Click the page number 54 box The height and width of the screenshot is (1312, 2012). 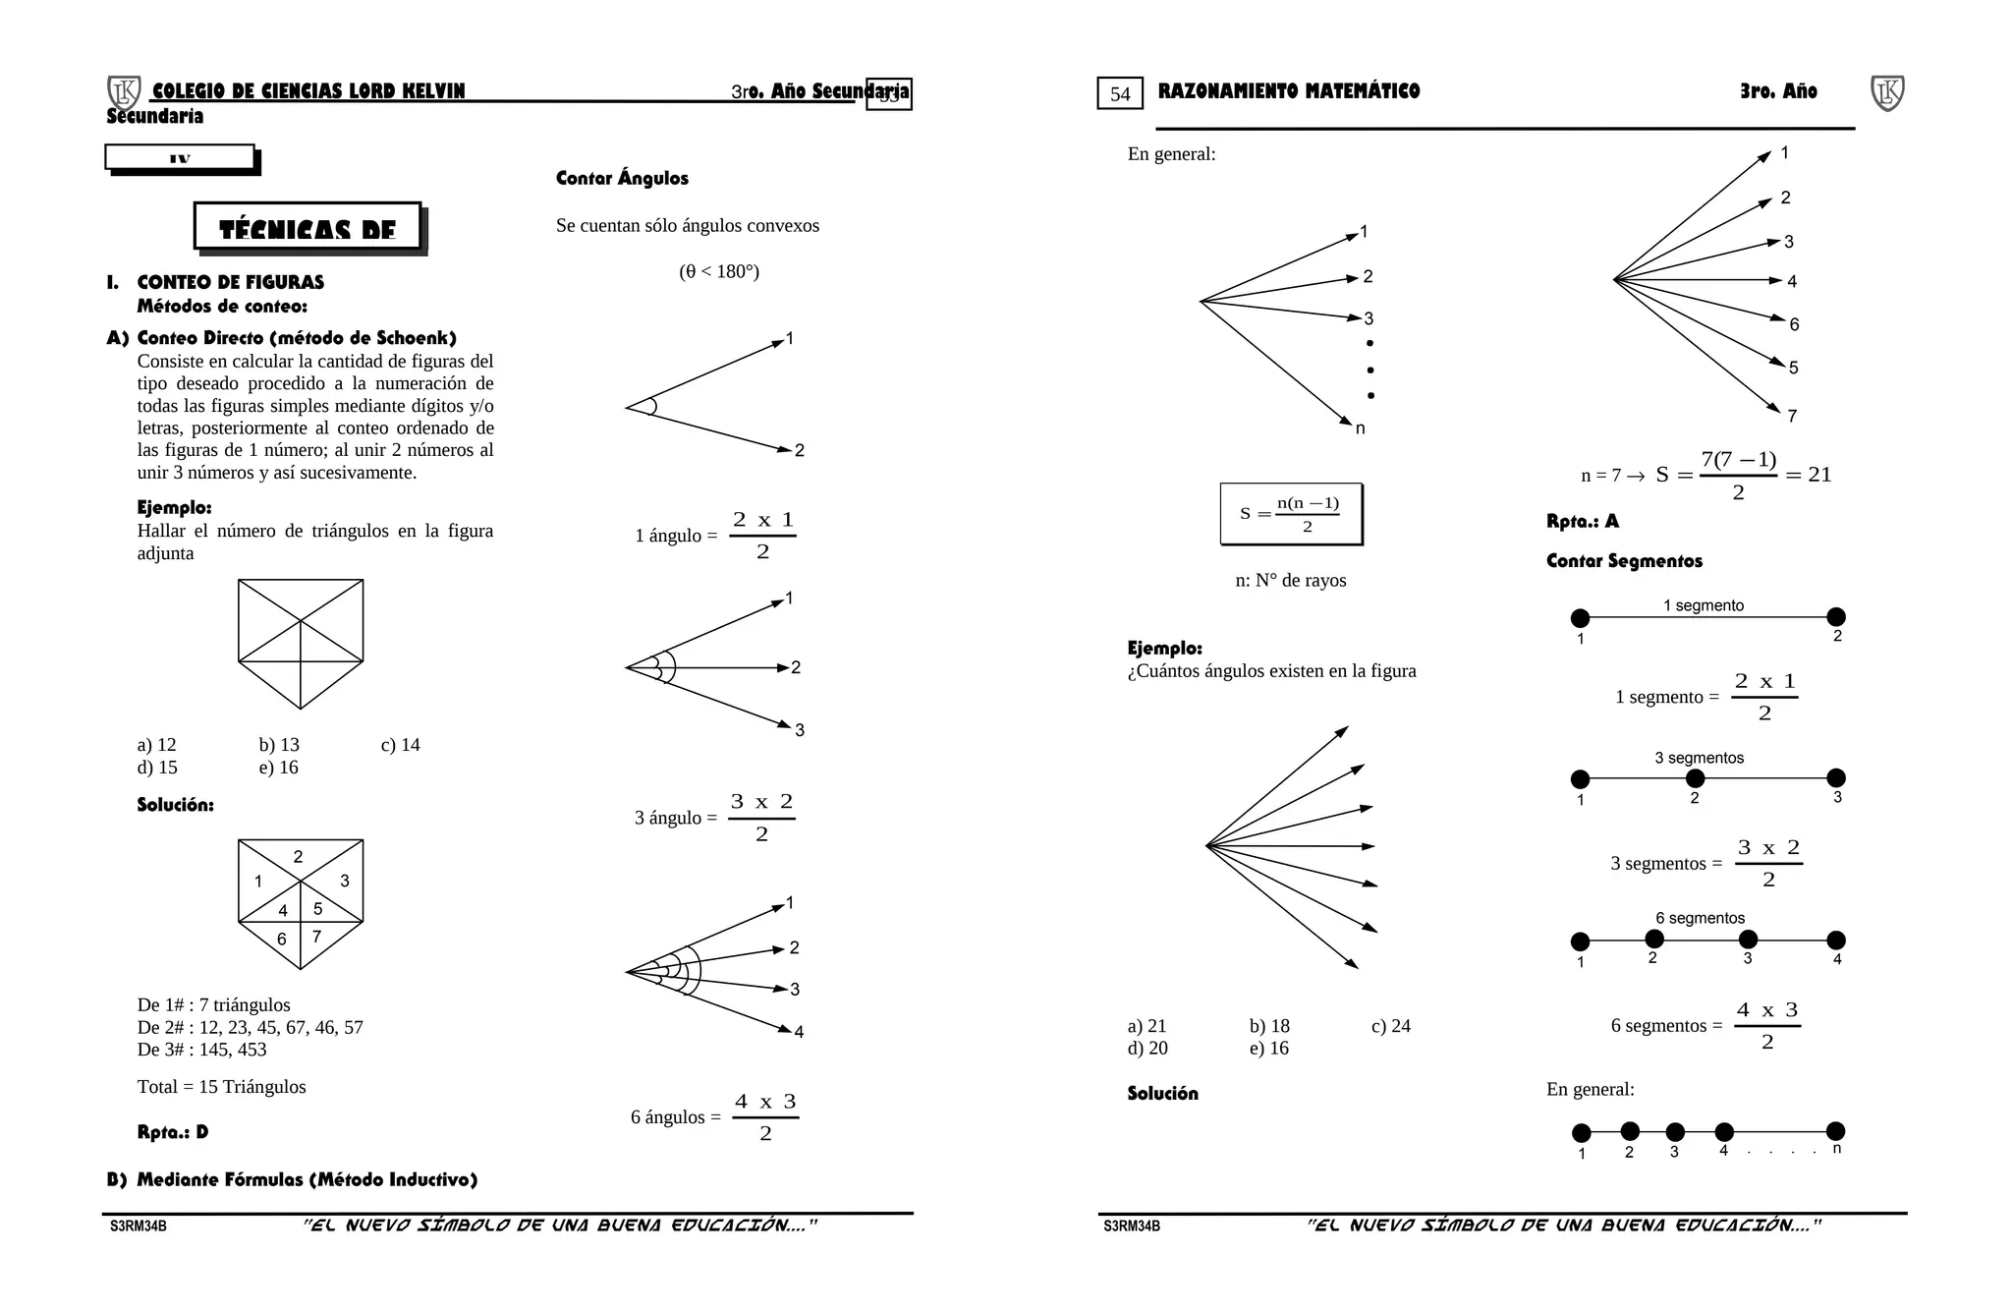coord(1120,94)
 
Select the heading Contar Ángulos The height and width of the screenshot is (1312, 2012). coord(622,178)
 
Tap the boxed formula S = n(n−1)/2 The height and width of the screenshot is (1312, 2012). coord(1291,514)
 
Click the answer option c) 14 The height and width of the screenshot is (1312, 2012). coord(400,745)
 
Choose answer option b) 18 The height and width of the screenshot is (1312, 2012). coord(1269,1026)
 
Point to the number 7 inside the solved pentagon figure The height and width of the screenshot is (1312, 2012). coord(316,937)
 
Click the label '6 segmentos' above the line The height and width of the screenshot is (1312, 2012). coord(1700,918)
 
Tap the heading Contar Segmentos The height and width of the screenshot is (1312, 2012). coord(1624,561)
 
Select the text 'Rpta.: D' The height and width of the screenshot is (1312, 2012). coord(173,1132)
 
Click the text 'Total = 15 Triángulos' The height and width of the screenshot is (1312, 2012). coord(221,1087)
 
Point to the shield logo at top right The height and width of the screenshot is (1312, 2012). coord(1887,93)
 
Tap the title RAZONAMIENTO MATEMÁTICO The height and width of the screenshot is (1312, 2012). coord(1289,91)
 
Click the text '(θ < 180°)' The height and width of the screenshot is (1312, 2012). coord(719,271)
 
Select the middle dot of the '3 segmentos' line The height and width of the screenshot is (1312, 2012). coord(1695,778)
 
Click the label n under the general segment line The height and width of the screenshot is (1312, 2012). coord(1837,1149)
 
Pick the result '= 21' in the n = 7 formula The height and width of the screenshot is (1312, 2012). coord(1809,475)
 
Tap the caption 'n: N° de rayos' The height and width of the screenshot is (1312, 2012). coord(1291,581)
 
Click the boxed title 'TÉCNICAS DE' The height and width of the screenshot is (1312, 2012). coord(307,228)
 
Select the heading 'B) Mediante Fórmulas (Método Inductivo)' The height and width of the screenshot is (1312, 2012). coord(293,1179)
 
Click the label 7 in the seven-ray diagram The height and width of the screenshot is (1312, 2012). coord(1792,416)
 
